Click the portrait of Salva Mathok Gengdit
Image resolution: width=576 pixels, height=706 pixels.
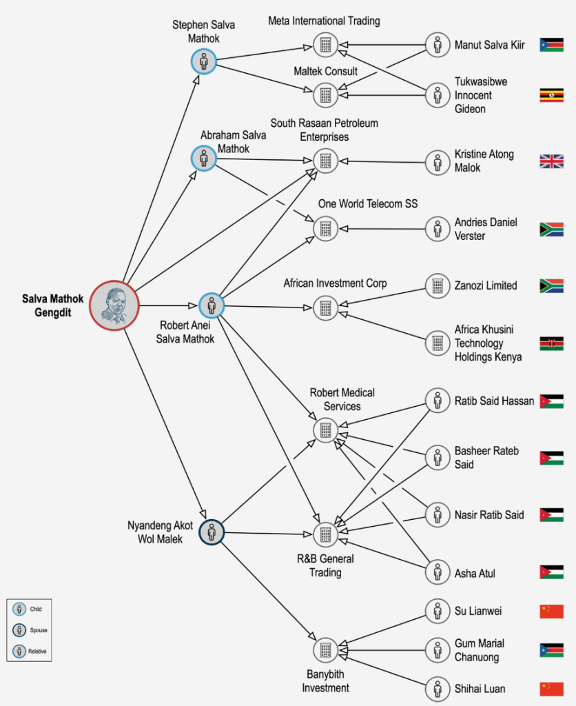(x=114, y=305)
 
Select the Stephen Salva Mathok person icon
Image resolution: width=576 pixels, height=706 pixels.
(x=204, y=62)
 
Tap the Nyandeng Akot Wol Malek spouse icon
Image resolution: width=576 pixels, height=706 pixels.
(x=212, y=532)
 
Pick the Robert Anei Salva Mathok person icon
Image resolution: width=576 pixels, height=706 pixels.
(x=212, y=305)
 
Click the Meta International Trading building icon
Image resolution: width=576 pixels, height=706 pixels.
(x=325, y=46)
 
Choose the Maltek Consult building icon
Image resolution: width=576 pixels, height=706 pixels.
(x=325, y=94)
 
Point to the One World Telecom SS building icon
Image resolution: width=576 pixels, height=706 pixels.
(x=325, y=228)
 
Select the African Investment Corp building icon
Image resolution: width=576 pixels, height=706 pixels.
(x=325, y=307)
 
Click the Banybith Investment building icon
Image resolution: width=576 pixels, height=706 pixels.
(x=325, y=649)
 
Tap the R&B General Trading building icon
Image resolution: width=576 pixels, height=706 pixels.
(x=325, y=534)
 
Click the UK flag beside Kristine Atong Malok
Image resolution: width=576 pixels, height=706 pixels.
(x=551, y=161)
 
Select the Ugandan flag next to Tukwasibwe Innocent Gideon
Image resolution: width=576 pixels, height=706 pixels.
(x=551, y=95)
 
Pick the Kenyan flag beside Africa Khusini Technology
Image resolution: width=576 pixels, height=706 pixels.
(x=551, y=343)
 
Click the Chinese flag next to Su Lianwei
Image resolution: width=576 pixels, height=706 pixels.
(x=551, y=611)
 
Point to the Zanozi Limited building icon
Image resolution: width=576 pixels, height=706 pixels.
(x=437, y=285)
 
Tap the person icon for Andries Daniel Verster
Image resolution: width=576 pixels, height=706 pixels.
(x=437, y=229)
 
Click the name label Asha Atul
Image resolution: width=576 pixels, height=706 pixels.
(x=475, y=573)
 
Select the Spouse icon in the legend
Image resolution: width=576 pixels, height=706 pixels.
(x=18, y=629)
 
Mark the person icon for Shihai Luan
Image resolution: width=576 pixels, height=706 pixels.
(x=437, y=688)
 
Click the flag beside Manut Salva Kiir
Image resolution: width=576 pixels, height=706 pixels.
(x=551, y=46)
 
